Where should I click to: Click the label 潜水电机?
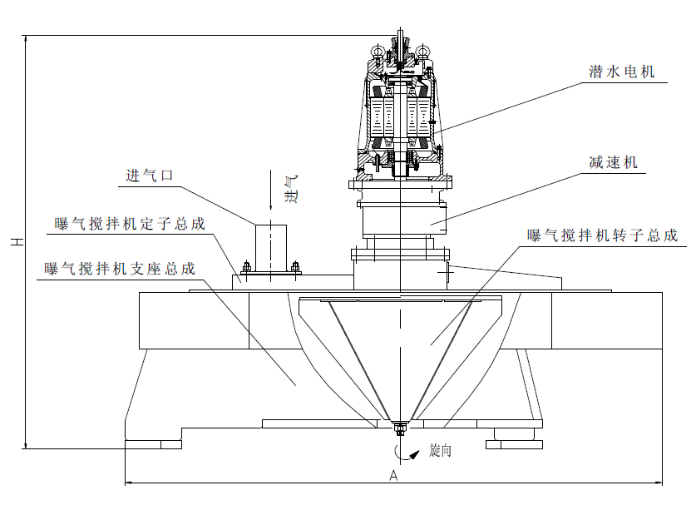click(x=621, y=72)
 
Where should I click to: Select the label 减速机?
click(x=613, y=162)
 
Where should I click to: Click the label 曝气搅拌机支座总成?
click(x=121, y=269)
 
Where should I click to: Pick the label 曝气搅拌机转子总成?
click(x=602, y=235)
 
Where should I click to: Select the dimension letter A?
click(x=394, y=476)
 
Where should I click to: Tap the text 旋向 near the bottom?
click(x=440, y=451)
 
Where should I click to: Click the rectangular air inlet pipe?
click(x=270, y=246)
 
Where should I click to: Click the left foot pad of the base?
click(x=153, y=443)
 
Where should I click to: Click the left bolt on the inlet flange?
click(x=246, y=268)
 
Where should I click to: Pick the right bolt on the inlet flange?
click(x=295, y=267)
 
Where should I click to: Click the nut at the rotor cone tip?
click(x=399, y=430)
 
